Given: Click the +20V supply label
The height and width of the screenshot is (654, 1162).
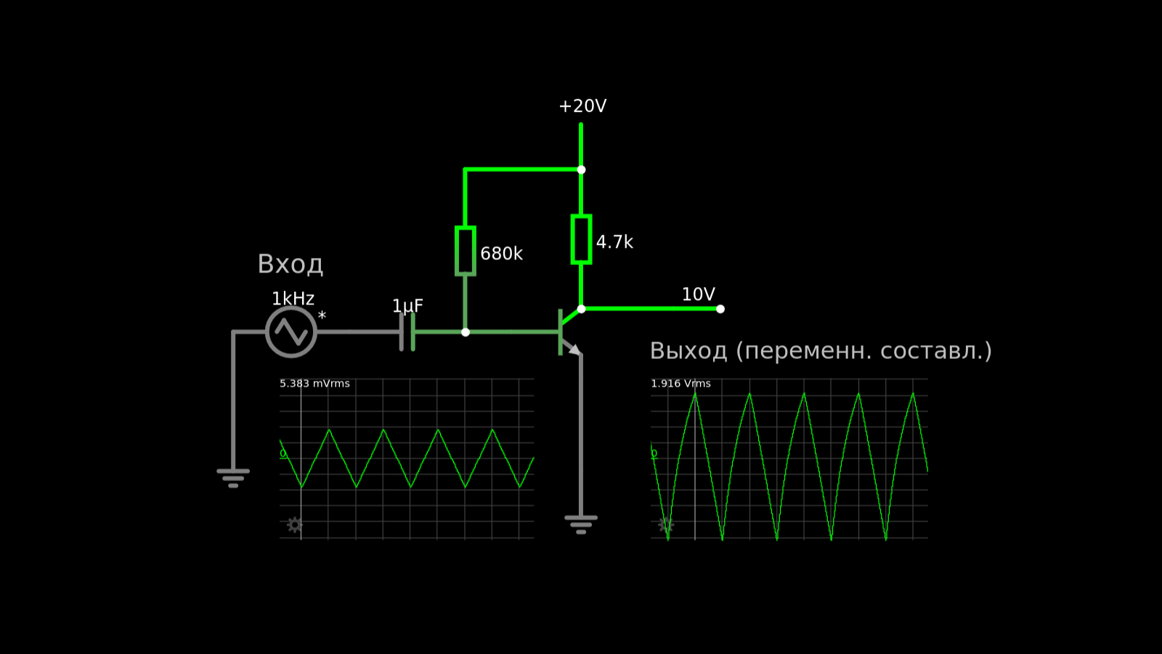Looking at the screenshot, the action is [x=582, y=106].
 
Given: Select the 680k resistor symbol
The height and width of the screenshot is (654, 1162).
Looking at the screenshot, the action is [x=466, y=251].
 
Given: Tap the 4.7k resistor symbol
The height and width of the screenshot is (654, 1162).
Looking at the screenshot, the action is [x=581, y=239].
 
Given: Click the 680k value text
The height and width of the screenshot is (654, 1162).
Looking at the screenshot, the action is [x=501, y=254].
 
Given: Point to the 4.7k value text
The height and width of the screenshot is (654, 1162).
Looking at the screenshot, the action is [x=614, y=242].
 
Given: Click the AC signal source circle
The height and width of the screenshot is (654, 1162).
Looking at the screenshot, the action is [x=291, y=331].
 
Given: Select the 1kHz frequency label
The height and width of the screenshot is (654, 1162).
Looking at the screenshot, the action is [x=293, y=299].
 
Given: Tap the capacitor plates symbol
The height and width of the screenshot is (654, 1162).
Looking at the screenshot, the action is [x=407, y=331].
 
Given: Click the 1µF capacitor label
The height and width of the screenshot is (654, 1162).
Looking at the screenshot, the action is [x=407, y=305].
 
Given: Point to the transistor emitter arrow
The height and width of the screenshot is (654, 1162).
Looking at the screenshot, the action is [x=574, y=350].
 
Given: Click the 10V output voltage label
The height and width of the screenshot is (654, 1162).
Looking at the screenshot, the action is [x=698, y=294].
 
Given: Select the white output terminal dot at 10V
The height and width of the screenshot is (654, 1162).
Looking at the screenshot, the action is [x=720, y=309].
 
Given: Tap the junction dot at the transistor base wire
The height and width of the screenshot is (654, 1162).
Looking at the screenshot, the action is [x=466, y=332].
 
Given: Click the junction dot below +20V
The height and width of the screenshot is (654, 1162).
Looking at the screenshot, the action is [x=581, y=170].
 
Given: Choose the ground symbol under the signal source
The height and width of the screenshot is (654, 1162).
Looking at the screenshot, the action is [x=233, y=478].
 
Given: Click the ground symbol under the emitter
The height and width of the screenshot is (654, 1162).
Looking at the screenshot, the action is [x=581, y=524].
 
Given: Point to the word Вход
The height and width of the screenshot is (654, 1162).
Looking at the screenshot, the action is [x=290, y=264].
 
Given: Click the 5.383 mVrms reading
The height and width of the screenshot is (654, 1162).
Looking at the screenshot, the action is [x=314, y=384].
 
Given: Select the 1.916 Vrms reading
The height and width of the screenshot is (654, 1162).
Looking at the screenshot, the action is [x=680, y=384].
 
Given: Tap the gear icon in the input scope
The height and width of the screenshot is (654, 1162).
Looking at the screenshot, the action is [x=295, y=525].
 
